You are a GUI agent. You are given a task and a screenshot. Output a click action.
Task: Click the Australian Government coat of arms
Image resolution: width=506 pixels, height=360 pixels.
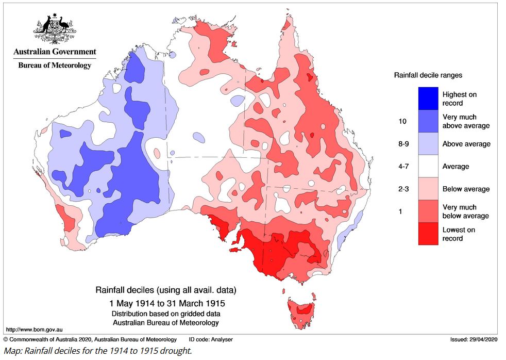coord(55,29)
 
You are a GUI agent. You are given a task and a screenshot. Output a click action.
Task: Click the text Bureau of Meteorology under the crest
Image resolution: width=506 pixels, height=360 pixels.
coord(55,66)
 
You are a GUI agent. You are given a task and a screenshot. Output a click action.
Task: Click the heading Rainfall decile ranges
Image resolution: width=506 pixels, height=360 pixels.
coord(428,75)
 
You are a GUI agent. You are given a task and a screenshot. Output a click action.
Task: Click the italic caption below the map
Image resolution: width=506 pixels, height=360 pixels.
coord(98,351)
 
